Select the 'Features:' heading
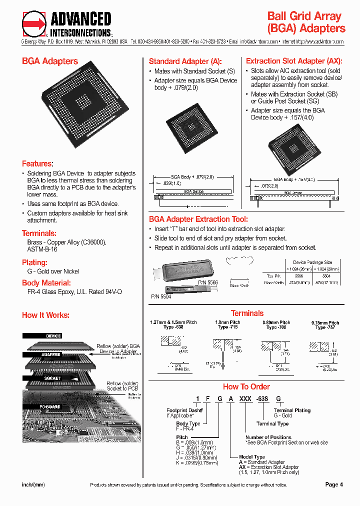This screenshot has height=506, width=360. point(37,163)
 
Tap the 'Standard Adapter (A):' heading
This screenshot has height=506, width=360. point(185,61)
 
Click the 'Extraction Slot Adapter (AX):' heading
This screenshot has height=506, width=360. point(294,61)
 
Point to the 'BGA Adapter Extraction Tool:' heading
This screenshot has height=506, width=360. point(198,219)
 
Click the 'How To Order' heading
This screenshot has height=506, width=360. point(246,386)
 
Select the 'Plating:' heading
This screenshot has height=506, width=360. point(34,262)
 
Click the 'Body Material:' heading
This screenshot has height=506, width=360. point(46,282)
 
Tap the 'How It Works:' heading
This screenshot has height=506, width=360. point(45,315)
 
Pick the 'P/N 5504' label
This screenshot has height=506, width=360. point(161,296)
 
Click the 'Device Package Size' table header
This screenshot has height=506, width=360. point(312,262)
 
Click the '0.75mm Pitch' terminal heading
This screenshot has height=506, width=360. point(327,322)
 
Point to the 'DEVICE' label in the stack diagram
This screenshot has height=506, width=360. point(53,336)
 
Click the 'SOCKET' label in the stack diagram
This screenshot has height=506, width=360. point(52,378)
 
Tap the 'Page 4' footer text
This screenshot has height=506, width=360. point(334,484)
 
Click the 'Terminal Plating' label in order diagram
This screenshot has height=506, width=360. point(292,410)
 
